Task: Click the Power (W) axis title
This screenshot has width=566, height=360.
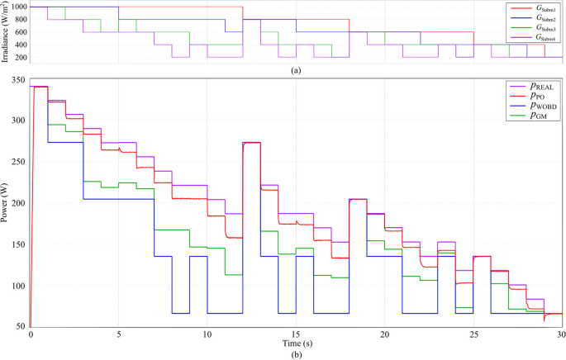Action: (x=6, y=202)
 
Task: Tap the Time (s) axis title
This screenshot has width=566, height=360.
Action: (x=296, y=343)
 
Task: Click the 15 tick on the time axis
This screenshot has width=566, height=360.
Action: (x=296, y=334)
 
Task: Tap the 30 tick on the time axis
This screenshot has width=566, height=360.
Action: (x=561, y=334)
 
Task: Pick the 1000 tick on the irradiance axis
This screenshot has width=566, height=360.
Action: (x=16, y=7)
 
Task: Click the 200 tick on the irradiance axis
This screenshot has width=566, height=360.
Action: (x=18, y=57)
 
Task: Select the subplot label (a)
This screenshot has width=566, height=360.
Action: (x=296, y=70)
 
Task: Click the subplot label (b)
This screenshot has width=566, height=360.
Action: (x=296, y=353)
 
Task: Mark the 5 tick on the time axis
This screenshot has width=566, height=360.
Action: (x=119, y=334)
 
